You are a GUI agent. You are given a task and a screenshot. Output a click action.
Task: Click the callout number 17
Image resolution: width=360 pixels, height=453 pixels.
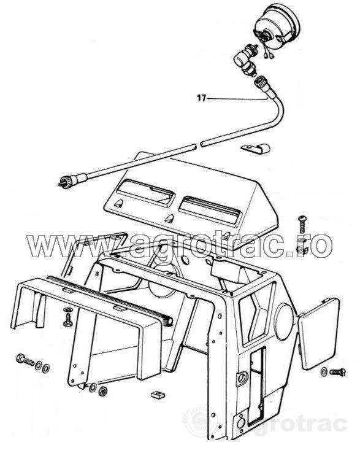point(202,98)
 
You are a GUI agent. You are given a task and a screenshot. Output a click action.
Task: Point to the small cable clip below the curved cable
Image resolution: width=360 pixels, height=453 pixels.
point(256,148)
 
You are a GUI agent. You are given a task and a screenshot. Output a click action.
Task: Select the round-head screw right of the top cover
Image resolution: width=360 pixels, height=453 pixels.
point(302,225)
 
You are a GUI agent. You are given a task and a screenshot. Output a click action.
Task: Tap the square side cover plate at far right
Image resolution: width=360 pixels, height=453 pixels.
point(318,333)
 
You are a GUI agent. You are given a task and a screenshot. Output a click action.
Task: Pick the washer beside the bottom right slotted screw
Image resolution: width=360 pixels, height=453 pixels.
point(324,371)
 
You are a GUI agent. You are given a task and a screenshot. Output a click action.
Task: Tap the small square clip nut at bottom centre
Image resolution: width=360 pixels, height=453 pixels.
point(156,394)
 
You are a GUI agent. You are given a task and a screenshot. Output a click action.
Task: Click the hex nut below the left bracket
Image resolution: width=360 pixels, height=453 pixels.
point(102,391)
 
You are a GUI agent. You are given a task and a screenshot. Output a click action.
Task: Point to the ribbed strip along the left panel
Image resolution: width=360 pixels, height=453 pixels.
point(110,299)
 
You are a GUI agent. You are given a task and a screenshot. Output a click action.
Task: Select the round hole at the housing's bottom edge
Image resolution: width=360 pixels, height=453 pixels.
point(240,424)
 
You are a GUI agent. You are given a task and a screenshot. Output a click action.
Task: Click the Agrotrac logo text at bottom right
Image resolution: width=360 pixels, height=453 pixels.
point(294,424)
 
